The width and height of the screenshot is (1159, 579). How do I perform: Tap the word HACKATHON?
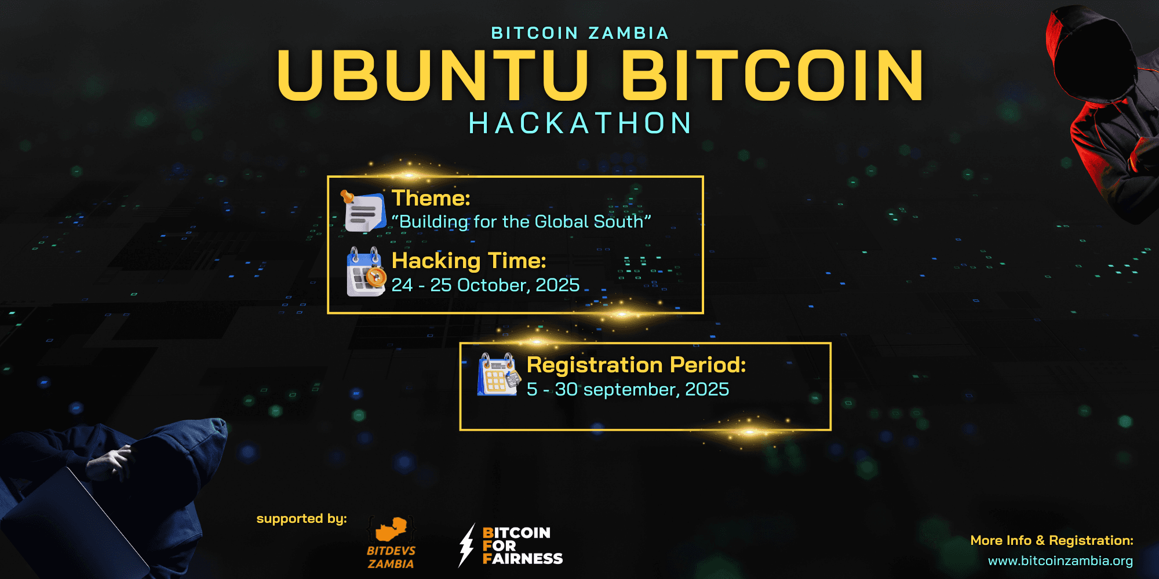(580, 123)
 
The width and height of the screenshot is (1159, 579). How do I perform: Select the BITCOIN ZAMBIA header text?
(580, 34)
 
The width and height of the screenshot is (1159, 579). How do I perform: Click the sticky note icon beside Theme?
(363, 211)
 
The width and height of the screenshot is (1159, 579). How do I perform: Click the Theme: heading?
(431, 198)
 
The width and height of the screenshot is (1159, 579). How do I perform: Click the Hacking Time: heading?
(469, 261)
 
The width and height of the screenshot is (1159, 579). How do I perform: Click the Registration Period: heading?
(636, 365)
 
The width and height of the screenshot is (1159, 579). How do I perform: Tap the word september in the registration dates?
(631, 390)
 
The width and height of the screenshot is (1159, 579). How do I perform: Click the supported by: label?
(301, 519)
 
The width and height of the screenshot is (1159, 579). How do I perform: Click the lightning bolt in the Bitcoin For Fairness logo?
(466, 545)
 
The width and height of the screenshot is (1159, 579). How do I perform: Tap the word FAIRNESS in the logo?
(523, 559)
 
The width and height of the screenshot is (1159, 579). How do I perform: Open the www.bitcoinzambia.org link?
(1060, 560)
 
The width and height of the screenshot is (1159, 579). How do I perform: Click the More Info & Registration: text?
(1052, 540)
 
